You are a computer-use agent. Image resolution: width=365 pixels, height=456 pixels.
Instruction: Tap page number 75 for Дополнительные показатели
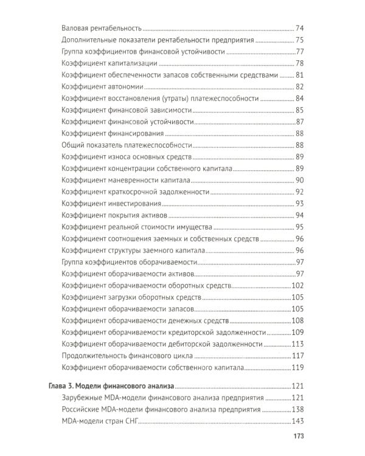click(x=299, y=40)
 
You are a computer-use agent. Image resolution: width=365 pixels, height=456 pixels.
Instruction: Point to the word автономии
click(x=127, y=87)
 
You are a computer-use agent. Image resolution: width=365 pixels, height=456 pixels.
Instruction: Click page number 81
click(x=299, y=75)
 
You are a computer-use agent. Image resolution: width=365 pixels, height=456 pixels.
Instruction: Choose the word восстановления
click(x=138, y=98)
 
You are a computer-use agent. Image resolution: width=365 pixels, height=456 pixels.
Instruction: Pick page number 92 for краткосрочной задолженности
click(x=299, y=192)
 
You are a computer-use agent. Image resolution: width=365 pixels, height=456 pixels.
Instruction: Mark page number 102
click(x=297, y=285)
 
